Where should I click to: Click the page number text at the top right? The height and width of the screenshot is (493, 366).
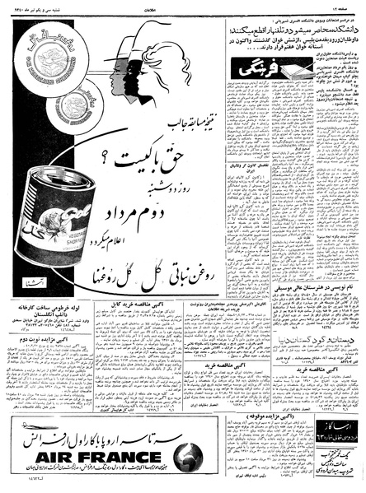tap(347, 7)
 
